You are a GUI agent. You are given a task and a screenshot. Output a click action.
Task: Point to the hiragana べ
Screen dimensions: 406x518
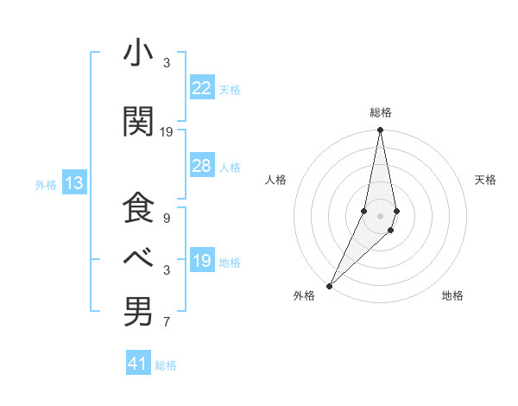pyautogui.click(x=137, y=257)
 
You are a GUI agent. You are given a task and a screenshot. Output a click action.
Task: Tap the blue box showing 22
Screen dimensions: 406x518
pyautogui.click(x=201, y=88)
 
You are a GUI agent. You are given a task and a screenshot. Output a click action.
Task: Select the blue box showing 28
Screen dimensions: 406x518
pyautogui.click(x=201, y=166)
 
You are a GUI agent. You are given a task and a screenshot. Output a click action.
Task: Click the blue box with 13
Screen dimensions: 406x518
pyautogui.click(x=73, y=183)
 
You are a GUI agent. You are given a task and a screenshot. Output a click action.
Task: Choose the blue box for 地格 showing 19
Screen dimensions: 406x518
pyautogui.click(x=201, y=261)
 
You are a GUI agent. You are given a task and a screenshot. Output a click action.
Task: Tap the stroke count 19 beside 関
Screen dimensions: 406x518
pyautogui.click(x=167, y=131)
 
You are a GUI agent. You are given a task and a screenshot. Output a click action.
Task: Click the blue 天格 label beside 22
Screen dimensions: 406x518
pyautogui.click(x=230, y=89)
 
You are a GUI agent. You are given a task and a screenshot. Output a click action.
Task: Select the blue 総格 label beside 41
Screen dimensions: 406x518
pyautogui.click(x=166, y=365)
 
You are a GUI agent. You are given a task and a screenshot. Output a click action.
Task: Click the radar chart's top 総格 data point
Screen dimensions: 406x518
pyautogui.click(x=380, y=130)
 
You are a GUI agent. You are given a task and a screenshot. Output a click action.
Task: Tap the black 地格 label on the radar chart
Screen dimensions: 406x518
pyautogui.click(x=452, y=295)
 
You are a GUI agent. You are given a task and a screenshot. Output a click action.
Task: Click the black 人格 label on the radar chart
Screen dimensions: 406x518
pyautogui.click(x=276, y=180)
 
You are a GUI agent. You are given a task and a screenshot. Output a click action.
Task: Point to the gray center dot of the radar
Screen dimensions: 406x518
pyautogui.click(x=380, y=215)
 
